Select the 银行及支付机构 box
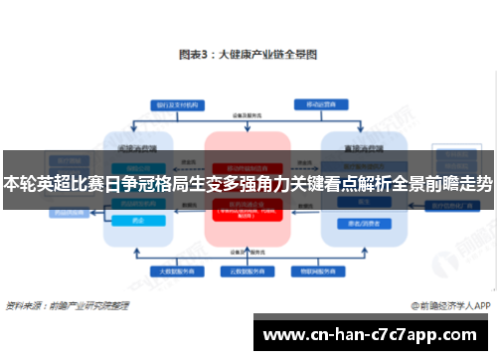173,104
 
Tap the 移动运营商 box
320,103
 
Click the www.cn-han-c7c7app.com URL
372,334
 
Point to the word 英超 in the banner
56,184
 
